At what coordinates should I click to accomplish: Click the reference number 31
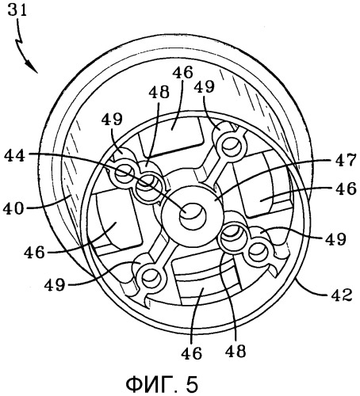click(x=17, y=11)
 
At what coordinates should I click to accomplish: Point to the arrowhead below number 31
click(x=33, y=68)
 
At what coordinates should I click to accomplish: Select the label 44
click(x=15, y=155)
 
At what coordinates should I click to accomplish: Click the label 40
click(x=13, y=209)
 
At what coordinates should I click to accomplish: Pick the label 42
click(x=342, y=295)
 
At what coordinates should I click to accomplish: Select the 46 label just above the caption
click(x=191, y=352)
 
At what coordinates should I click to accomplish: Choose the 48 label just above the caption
click(x=236, y=351)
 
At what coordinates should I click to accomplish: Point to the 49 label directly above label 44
click(x=112, y=119)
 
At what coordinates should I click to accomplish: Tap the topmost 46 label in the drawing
click(x=182, y=72)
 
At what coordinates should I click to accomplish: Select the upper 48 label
click(x=159, y=93)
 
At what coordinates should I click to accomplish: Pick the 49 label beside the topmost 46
click(x=204, y=86)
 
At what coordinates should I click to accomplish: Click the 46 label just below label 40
click(x=34, y=253)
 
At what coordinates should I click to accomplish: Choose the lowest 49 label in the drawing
click(x=55, y=284)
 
